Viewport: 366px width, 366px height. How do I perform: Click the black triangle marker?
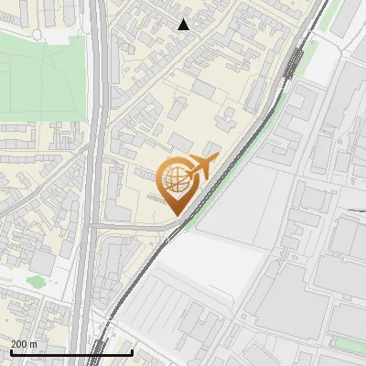(x=184, y=25)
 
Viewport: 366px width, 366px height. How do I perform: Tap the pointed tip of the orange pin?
(x=178, y=214)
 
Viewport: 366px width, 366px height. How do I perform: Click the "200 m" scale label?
(x=25, y=343)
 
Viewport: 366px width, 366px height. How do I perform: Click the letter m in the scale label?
(x=33, y=343)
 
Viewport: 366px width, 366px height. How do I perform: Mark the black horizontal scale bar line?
(x=70, y=351)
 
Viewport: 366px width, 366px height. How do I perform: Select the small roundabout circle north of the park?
(x=38, y=35)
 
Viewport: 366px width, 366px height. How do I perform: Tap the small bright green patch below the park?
(x=36, y=281)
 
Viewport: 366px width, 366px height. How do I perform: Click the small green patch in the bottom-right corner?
(x=346, y=344)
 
